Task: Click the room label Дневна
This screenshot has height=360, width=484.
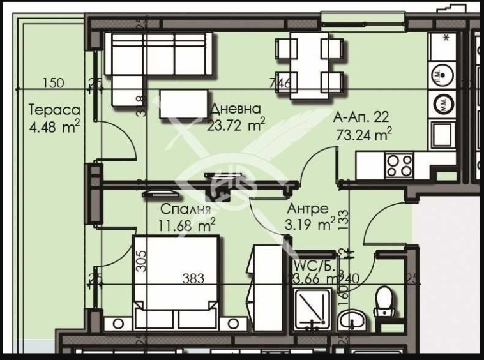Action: [x=236, y=109]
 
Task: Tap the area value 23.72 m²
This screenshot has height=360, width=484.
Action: [x=236, y=125]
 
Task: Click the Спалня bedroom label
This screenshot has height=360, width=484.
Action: [x=185, y=209]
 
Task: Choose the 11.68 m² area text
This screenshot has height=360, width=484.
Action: [x=186, y=224]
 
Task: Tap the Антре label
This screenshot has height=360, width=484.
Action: [x=308, y=209]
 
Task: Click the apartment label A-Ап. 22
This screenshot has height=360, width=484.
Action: [x=361, y=117]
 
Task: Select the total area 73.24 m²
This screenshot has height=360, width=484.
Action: [x=363, y=134]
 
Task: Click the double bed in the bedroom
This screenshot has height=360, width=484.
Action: [x=176, y=280]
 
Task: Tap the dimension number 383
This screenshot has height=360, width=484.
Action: [x=192, y=278]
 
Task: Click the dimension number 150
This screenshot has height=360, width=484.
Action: [x=54, y=82]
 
